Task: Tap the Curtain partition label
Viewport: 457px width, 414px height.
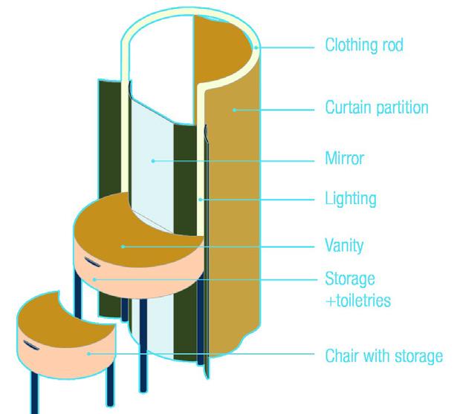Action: click(377, 108)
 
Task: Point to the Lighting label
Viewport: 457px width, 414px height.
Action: click(351, 199)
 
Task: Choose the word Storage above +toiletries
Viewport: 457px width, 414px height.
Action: click(350, 279)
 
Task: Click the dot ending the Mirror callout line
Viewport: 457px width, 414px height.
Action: click(152, 160)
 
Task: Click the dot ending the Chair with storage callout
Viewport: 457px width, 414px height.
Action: click(89, 354)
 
